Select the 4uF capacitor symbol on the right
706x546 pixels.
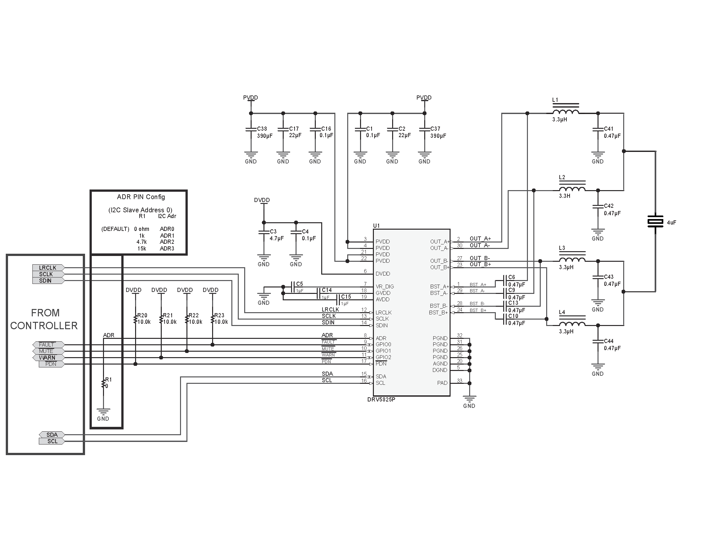pos(655,222)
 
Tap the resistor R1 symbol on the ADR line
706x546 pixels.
pos(103,383)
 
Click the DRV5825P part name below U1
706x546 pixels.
pos(381,400)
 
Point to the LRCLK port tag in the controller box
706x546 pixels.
pos(48,268)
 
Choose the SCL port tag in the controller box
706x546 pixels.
pos(52,441)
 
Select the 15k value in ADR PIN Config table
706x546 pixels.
pos(142,248)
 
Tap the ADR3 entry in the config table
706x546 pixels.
pos(167,248)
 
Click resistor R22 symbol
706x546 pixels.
pos(187,319)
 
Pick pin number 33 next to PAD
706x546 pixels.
pos(459,381)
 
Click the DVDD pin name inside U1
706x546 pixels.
pos(383,274)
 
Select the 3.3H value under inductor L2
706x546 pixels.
pos(564,196)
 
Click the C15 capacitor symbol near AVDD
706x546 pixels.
pos(338,300)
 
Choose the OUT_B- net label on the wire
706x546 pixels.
pos(480,258)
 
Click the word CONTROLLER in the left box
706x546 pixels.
pos(44,325)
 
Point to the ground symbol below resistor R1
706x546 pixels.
pos(103,411)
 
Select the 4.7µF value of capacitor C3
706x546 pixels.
pos(277,238)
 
